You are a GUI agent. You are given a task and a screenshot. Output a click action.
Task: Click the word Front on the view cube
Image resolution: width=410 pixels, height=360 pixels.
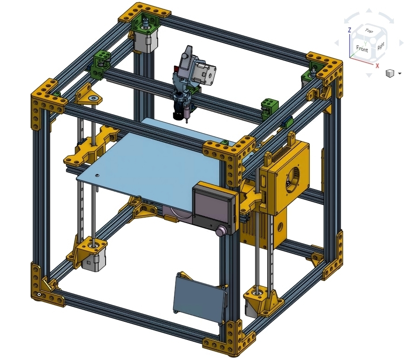point(362,48)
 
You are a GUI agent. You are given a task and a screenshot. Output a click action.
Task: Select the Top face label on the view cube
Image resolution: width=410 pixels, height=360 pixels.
point(369,31)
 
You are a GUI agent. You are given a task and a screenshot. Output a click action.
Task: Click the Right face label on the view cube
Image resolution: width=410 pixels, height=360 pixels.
point(381,46)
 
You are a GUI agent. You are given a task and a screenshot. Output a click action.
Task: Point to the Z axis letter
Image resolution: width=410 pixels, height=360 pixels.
point(350,30)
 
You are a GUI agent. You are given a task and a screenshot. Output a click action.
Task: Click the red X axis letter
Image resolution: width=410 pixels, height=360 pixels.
point(377,66)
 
